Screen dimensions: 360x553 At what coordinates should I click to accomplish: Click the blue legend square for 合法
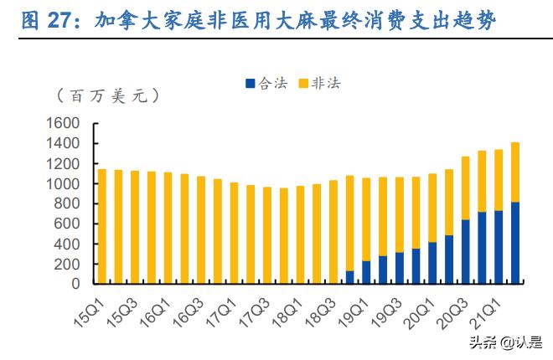coord(249,84)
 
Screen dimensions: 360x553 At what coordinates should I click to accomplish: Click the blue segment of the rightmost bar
coord(514,243)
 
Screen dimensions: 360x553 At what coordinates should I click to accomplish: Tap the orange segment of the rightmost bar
coord(514,172)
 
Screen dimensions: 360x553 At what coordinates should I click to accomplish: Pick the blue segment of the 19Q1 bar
coord(366,272)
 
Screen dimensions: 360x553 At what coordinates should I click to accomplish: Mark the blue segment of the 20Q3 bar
coord(465,251)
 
